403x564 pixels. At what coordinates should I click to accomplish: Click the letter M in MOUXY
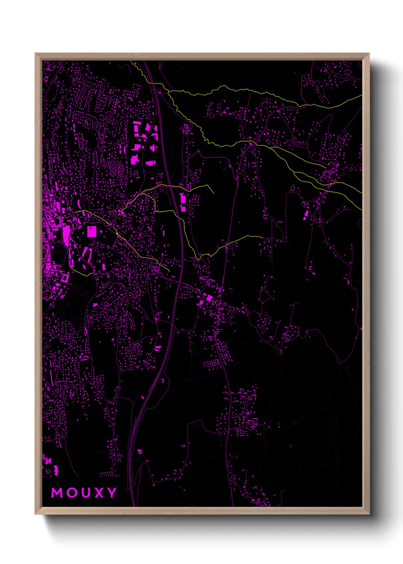pos(57,493)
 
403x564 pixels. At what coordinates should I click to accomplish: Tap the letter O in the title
pos(73,493)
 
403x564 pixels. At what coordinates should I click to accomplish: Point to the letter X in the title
pos(98,493)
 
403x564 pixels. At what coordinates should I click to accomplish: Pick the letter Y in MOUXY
pos(111,493)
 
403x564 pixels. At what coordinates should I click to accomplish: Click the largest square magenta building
pos(92,232)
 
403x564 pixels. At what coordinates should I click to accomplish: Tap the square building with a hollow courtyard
pos(65,278)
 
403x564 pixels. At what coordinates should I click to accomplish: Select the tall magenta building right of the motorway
pos(183,202)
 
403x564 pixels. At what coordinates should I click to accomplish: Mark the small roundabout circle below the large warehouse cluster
pos(144,173)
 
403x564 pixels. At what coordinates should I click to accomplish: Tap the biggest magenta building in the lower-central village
pos(209,298)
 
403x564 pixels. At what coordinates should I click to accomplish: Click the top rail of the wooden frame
pos(202,56)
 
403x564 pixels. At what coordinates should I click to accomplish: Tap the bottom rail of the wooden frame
pos(202,511)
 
